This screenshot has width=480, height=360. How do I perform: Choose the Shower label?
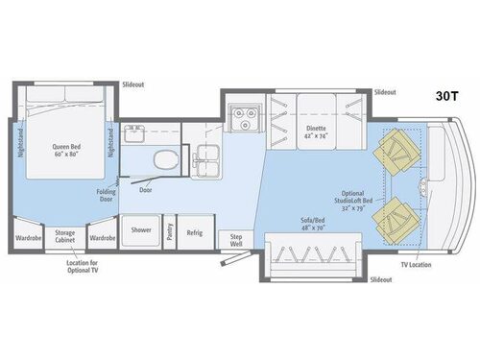(x=140, y=230)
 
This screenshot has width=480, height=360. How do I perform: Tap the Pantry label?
(x=169, y=231)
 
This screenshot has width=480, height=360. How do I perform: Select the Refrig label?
(x=195, y=231)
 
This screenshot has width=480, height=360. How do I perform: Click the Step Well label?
(x=230, y=240)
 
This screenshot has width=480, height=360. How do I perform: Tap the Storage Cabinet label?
(x=65, y=235)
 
